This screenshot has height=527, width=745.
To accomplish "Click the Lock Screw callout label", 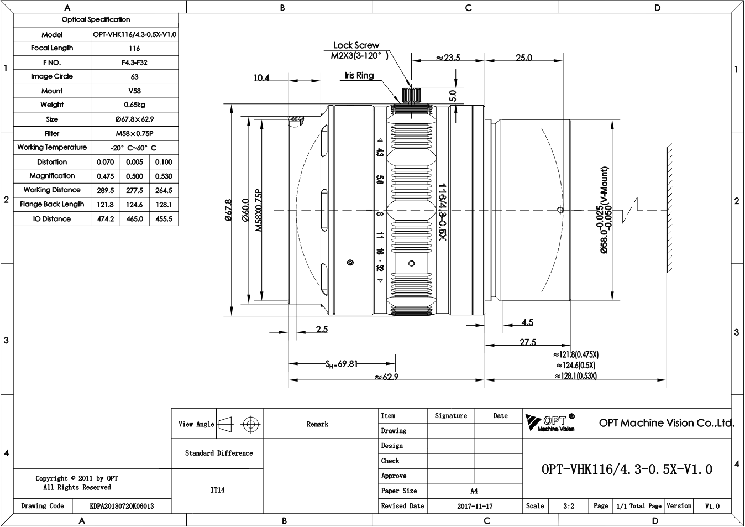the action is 356,45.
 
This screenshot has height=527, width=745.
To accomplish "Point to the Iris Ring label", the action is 359,76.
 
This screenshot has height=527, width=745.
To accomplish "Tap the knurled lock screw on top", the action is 411,96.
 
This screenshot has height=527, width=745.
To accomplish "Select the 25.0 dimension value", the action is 524,58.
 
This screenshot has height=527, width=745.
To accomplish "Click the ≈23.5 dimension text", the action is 448,58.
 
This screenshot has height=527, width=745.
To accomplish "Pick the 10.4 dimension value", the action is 261,77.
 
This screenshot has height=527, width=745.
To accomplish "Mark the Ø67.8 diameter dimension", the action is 228,210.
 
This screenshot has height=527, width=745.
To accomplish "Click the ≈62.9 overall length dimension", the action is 386,377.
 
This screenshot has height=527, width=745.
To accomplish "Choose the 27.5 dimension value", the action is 528,342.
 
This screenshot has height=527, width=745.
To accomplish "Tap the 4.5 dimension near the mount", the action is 527,322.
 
